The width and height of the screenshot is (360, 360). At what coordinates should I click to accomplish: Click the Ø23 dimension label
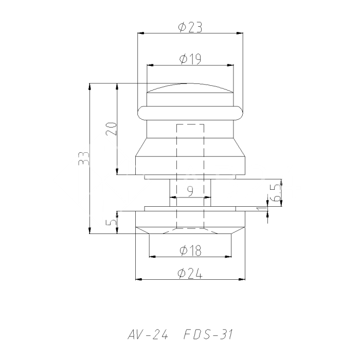click(190, 27)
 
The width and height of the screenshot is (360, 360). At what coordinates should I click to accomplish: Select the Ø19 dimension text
click(190, 59)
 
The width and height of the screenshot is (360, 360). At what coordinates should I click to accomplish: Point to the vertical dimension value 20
click(112, 129)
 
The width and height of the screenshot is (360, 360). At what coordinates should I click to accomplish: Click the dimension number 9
click(190, 191)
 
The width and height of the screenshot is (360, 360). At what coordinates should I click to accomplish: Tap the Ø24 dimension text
click(190, 274)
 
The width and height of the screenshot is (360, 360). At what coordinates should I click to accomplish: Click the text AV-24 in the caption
click(148, 335)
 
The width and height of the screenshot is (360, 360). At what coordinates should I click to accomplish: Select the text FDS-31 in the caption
click(208, 335)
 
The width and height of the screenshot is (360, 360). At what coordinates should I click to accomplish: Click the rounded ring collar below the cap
click(190, 113)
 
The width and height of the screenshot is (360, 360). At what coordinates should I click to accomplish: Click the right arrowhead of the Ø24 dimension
click(242, 280)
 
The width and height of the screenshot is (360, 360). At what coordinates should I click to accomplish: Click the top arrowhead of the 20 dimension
click(118, 86)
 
